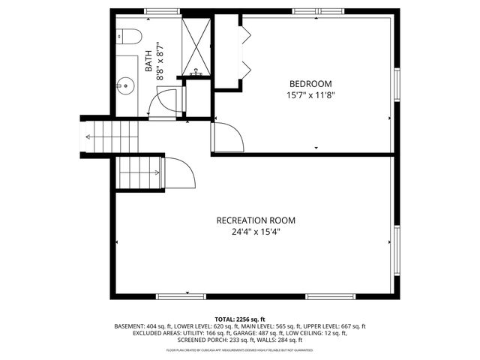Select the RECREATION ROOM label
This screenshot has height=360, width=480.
[256, 220]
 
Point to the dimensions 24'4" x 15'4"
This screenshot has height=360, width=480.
[256, 232]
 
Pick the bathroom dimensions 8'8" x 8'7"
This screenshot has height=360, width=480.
[159, 60]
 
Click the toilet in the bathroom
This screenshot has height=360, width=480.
[128, 37]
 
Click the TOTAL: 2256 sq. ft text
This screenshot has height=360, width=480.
[240, 319]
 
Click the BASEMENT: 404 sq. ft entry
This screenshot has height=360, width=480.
[141, 327]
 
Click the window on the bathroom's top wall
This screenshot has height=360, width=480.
[157, 11]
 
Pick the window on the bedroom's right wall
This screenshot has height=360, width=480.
[397, 87]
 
